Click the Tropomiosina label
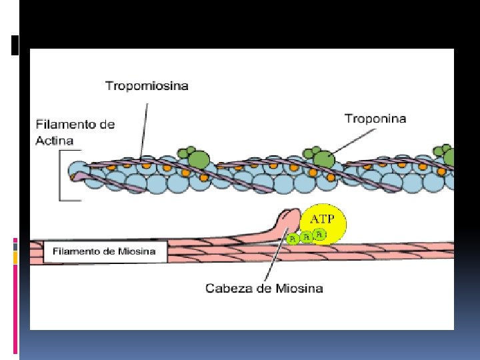point(147,86)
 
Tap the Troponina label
point(375,119)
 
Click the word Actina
point(55,141)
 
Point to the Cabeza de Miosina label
point(264,289)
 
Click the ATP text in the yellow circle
point(323,219)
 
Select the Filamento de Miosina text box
point(105,251)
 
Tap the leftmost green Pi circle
point(293,239)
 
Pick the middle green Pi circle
point(307,237)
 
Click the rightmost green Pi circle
point(319,234)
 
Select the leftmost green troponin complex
point(194,157)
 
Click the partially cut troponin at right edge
point(445,155)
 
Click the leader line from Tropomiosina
point(144,131)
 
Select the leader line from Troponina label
point(353,141)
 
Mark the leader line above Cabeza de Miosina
point(277,253)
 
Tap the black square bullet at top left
point(15,45)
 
